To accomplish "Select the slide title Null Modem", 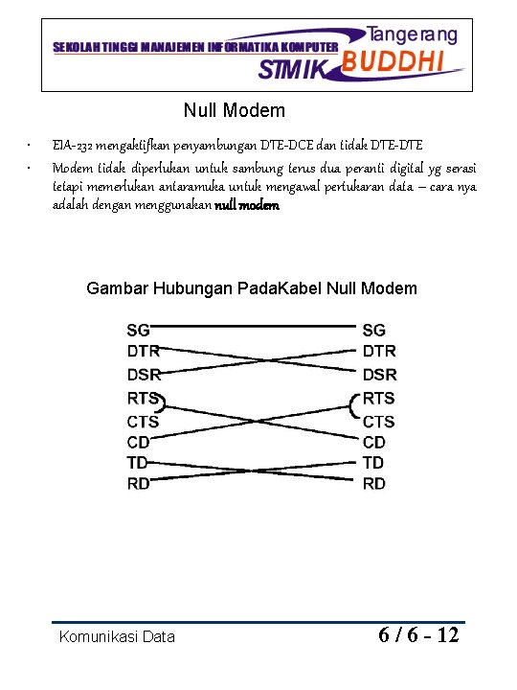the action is (x=235, y=111).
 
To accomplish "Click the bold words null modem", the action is (x=247, y=205).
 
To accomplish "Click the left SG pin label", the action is (x=138, y=330).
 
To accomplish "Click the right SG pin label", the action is (x=374, y=330).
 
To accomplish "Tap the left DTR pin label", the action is (x=143, y=352).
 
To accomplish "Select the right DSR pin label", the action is (x=379, y=374).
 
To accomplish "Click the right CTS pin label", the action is (x=378, y=422).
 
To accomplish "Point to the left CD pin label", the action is (x=138, y=443).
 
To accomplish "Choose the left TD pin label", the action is (x=138, y=463).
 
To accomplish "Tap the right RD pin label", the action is (x=374, y=484).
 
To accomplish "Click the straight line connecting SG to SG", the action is (x=254, y=327).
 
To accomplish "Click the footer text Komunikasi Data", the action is (x=117, y=636).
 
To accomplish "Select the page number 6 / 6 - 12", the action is (x=418, y=634).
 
